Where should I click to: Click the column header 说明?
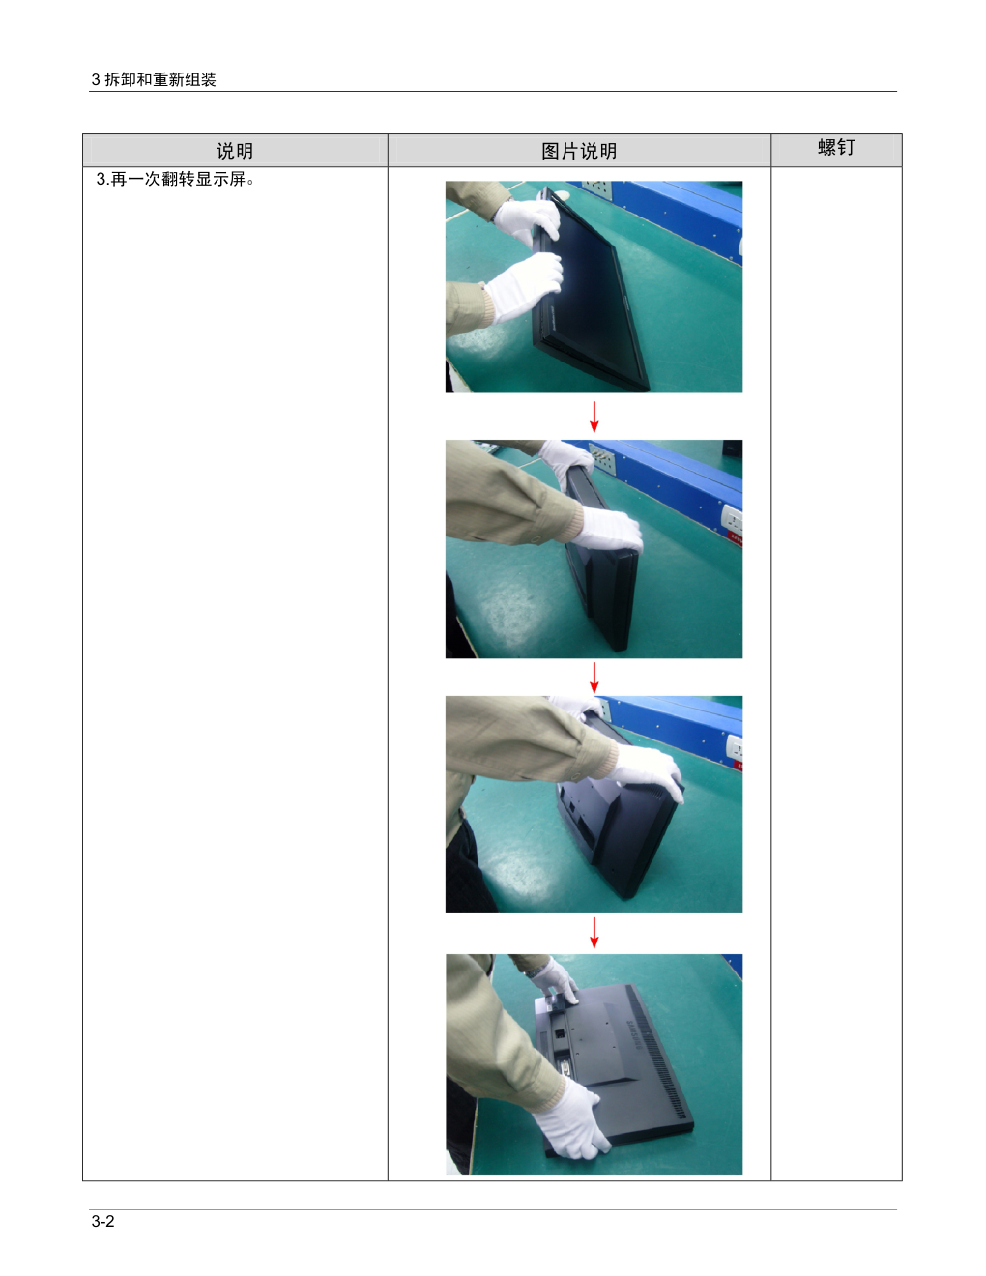pos(235,151)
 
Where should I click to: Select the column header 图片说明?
pos(579,151)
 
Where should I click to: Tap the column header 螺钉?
pos(836,147)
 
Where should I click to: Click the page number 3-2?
pos(102,1222)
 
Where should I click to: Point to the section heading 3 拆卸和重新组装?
pos(154,79)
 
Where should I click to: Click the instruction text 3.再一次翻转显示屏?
pos(175,179)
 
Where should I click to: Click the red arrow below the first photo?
pos(594,417)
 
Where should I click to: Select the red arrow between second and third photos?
pos(594,678)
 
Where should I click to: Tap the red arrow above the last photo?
pos(594,933)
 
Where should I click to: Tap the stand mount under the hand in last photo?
pos(555,1003)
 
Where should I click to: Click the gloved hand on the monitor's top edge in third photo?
pos(648,770)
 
